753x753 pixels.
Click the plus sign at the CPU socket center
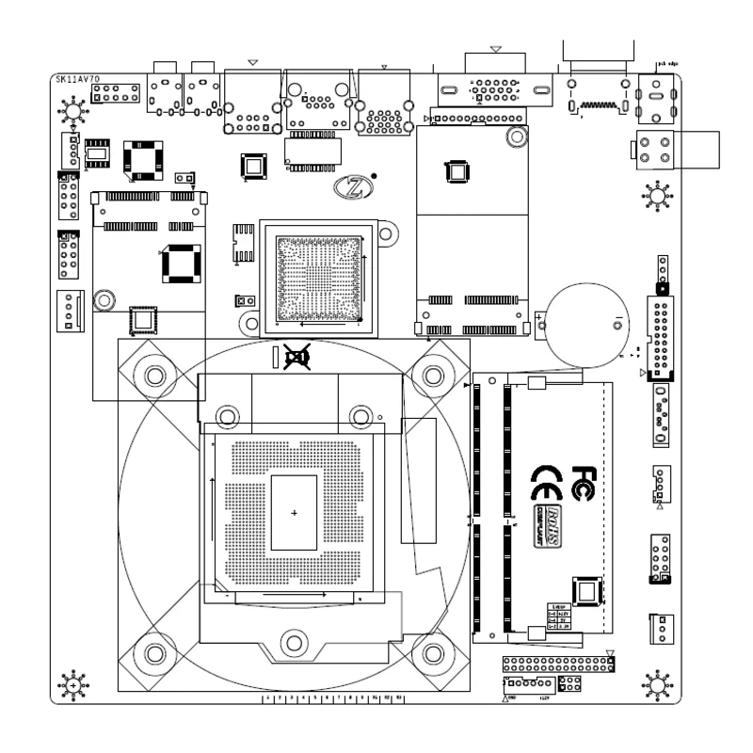pyautogui.click(x=295, y=512)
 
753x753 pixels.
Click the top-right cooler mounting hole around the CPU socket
pyautogui.click(x=433, y=376)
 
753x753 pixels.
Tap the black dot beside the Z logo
pyautogui.click(x=375, y=175)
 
